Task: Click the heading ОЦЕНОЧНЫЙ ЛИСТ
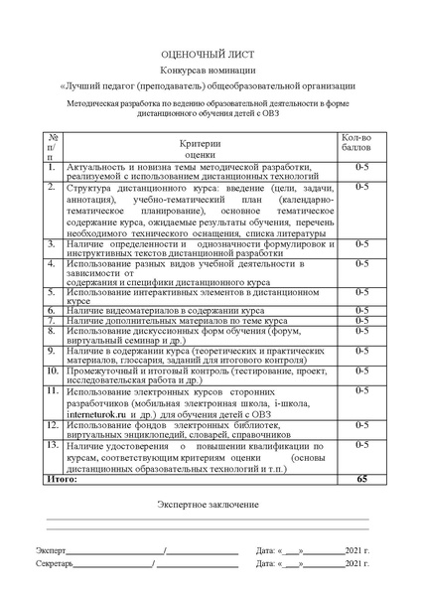pyautogui.click(x=210, y=56)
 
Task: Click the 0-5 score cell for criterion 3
pyautogui.click(x=361, y=243)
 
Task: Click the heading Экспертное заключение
pyautogui.click(x=210, y=505)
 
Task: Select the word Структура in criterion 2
pyautogui.click(x=89, y=186)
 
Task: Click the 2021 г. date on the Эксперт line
pyautogui.click(x=354, y=549)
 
